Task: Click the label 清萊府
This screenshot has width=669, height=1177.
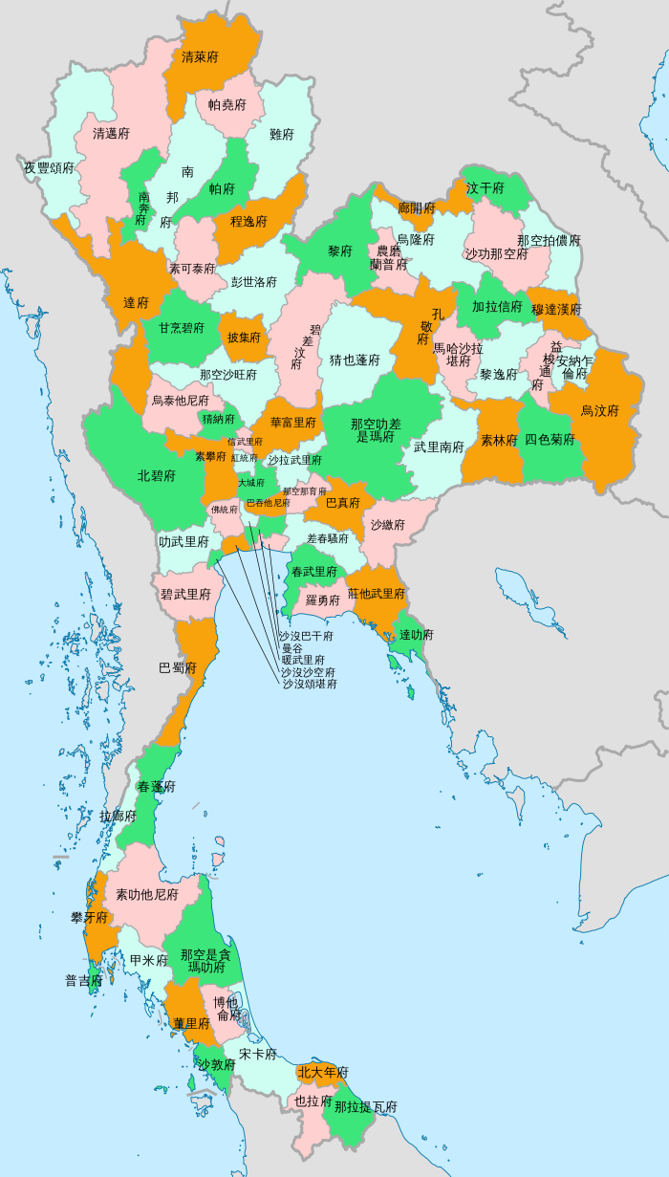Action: click(x=200, y=57)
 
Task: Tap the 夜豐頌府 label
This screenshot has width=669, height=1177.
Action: click(x=50, y=167)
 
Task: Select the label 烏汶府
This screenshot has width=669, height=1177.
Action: click(x=600, y=411)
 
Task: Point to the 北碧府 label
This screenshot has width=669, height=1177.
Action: click(x=157, y=475)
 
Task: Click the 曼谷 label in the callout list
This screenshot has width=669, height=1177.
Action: click(x=291, y=648)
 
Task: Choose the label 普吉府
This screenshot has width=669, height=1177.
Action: click(x=83, y=980)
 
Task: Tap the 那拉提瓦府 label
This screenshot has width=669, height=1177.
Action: click(x=366, y=1106)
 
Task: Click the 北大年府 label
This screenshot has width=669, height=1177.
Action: click(x=323, y=1073)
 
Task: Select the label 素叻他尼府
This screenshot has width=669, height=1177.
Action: click(x=147, y=895)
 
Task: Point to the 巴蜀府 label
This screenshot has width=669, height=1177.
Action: click(x=178, y=667)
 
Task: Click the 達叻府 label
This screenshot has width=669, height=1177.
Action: click(x=417, y=634)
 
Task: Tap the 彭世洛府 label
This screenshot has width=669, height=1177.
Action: click(x=254, y=282)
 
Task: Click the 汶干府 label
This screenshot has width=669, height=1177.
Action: click(x=486, y=188)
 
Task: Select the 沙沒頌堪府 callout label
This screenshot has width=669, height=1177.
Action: click(x=310, y=684)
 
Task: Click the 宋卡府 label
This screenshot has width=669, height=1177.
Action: click(x=258, y=1055)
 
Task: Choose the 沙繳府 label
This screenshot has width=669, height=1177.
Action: click(x=388, y=525)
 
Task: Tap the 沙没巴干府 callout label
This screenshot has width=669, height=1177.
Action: click(x=306, y=636)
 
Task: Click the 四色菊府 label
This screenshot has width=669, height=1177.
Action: click(x=550, y=440)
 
